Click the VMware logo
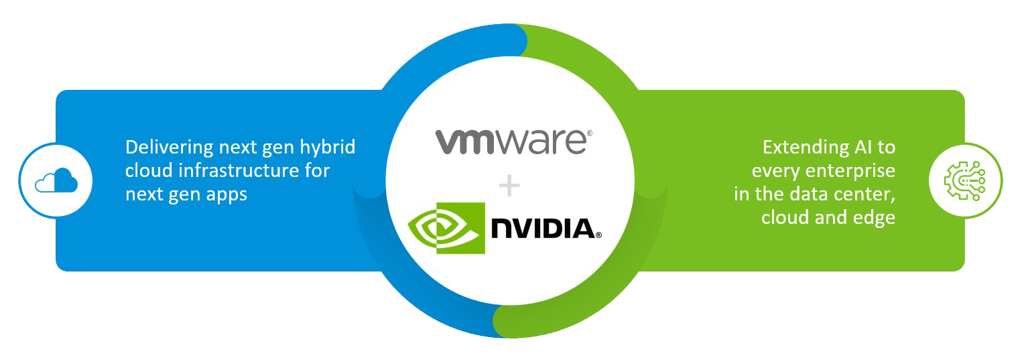(513, 142)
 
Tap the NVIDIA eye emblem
(446, 228)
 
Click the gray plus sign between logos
(509, 186)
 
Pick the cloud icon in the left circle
(56, 181)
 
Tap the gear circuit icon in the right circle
(965, 180)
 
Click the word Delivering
(169, 148)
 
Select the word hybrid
(327, 147)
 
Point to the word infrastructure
(239, 171)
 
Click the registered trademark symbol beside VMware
(589, 133)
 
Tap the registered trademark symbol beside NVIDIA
(599, 235)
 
